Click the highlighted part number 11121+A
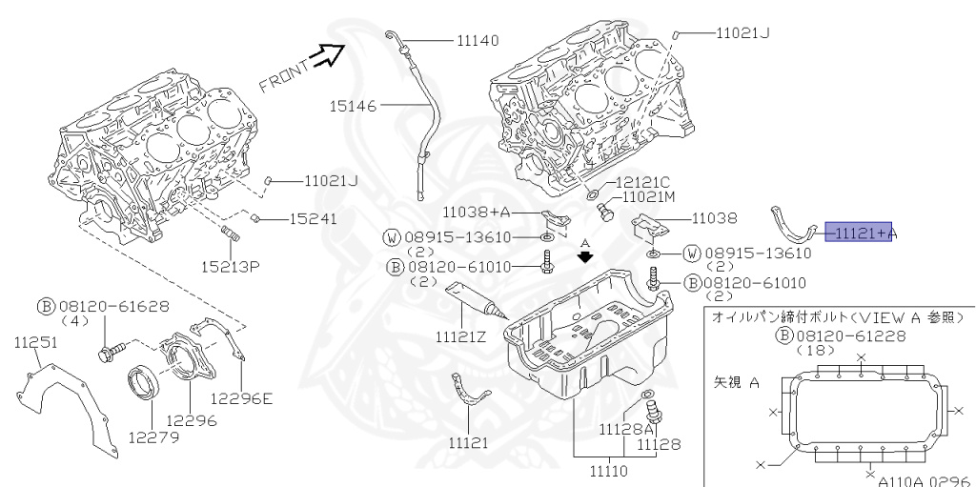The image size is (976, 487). tap(862, 232)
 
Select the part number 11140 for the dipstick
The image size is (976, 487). tap(478, 41)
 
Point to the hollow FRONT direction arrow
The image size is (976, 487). tap(332, 56)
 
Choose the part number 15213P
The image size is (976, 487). tap(230, 265)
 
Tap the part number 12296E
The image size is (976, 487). tap(241, 398)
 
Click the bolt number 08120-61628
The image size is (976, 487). tap(114, 307)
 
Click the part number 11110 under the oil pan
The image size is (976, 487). tap(611, 469)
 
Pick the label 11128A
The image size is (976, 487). tap(626, 430)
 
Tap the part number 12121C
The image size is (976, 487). tap(642, 181)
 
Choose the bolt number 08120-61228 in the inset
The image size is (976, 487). tap(844, 335)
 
